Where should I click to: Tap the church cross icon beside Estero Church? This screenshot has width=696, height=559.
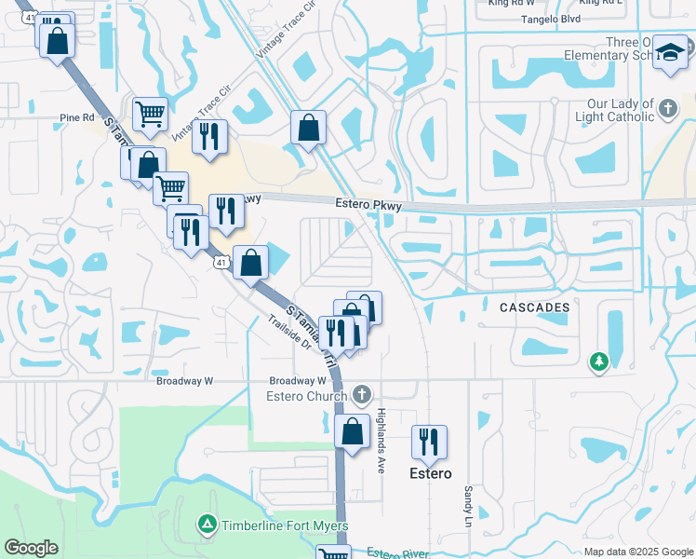[362, 395]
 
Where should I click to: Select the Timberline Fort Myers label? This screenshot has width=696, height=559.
[285, 526]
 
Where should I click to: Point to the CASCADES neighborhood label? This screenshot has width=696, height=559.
[534, 307]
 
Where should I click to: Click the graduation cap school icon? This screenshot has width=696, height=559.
[669, 56]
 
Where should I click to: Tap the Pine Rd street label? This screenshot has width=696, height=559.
[76, 118]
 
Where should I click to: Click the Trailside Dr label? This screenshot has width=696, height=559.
[288, 334]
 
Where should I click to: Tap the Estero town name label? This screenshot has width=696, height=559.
[431, 473]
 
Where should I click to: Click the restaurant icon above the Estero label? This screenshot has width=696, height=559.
[429, 442]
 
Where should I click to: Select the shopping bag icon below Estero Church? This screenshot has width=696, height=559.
[352, 432]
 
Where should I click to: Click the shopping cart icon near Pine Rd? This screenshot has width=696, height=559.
[150, 115]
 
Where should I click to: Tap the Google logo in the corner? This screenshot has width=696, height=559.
[32, 548]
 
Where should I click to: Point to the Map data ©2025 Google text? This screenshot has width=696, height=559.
[638, 552]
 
